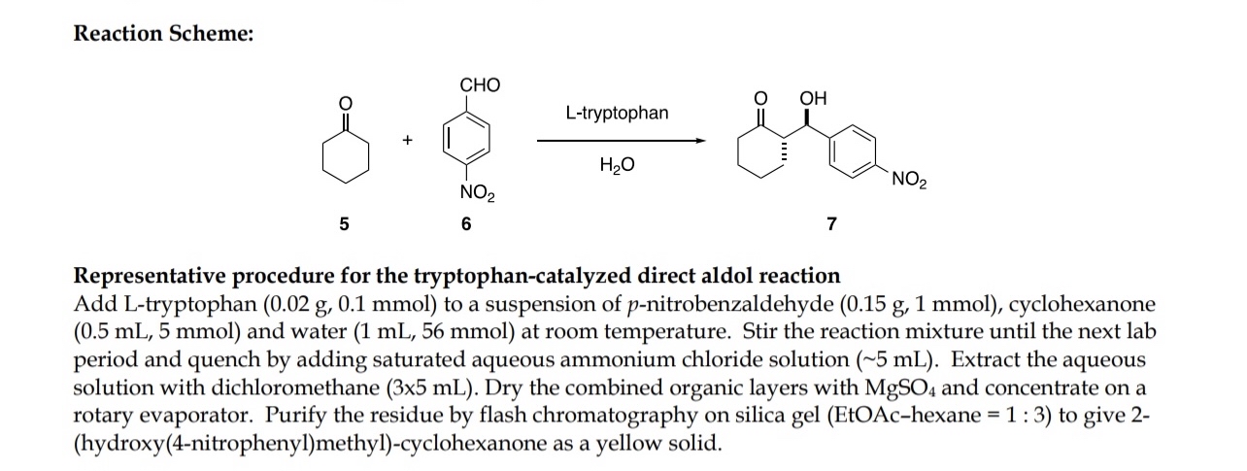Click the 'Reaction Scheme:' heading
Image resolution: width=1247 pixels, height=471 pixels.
point(165,34)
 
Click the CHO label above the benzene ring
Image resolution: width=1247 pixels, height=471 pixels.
point(480,84)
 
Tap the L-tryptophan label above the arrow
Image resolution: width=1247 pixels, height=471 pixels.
point(617,114)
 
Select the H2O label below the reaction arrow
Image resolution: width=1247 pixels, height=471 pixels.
point(618,165)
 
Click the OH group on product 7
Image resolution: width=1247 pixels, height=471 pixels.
point(813,98)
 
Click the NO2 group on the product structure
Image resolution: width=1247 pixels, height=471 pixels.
point(908,179)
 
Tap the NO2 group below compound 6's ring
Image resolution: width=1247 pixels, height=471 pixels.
point(478,197)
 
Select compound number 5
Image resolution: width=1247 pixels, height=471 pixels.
point(342,225)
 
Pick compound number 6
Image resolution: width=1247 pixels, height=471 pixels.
point(466,225)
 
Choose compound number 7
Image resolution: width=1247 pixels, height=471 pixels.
point(830,225)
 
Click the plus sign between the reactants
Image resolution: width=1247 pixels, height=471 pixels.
point(408,141)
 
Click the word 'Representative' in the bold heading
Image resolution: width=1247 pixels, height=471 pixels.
point(145,275)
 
